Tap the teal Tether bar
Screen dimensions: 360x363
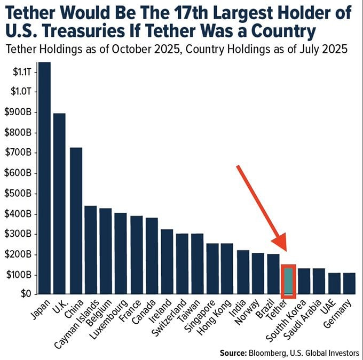pyautogui.click(x=289, y=281)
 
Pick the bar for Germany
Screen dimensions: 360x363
pyautogui.click(x=350, y=283)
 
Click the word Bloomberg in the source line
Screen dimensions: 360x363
pyautogui.click(x=283, y=352)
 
